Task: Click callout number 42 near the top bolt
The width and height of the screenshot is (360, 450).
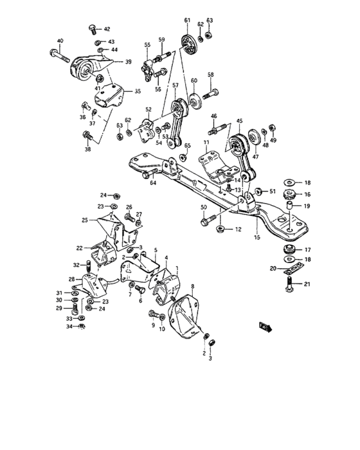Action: (107, 29)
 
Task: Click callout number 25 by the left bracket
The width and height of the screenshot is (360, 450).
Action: (84, 220)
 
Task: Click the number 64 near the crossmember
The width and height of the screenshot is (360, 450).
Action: (153, 183)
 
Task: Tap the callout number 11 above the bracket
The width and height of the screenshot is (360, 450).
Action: (208, 141)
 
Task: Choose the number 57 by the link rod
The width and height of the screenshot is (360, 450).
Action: (174, 85)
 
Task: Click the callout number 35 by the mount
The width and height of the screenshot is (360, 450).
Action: (137, 91)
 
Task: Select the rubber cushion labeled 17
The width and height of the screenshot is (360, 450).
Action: (288, 249)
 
